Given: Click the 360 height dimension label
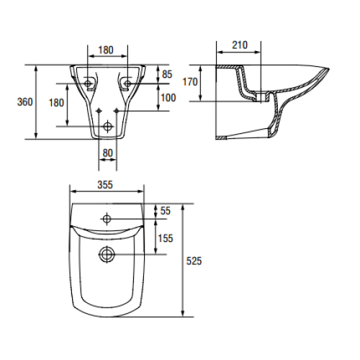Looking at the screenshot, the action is tap(24, 102).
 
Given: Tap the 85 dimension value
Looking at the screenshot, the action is tap(167, 74).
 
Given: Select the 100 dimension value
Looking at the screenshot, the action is tap(168, 98).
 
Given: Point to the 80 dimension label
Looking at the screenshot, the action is tap(107, 153).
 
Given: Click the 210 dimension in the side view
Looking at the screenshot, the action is tap(240, 45).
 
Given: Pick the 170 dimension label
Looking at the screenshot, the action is tap(190, 82).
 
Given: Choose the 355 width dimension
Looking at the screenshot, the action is tap(105, 185).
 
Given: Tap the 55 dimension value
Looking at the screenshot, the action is tap(165, 211).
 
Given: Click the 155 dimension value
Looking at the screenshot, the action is tap(166, 238).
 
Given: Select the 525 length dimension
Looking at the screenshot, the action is tap(194, 261).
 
